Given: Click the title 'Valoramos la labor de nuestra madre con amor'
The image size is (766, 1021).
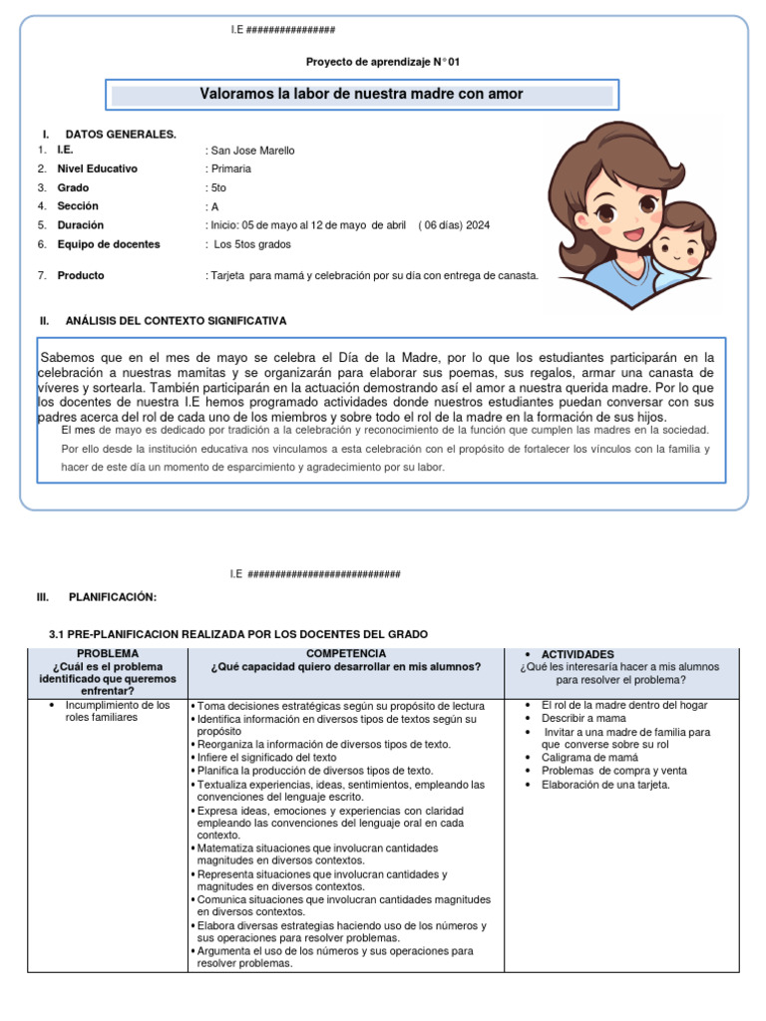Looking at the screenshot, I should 362,95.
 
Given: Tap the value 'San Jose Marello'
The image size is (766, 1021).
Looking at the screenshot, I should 252,151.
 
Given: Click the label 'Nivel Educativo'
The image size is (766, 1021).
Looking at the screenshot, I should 98,169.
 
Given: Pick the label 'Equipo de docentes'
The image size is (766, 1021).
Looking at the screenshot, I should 109,244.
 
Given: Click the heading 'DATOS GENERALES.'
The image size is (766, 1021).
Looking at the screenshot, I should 121,134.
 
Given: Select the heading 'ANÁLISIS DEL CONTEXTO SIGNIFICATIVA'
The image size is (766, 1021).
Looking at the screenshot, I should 176,321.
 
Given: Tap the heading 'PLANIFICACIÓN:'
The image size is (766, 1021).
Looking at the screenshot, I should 113,596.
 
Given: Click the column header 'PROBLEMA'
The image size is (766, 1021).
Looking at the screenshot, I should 106,653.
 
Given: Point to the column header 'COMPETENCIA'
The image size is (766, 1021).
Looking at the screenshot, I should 345,653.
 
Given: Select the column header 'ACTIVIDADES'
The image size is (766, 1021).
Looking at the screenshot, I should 577,654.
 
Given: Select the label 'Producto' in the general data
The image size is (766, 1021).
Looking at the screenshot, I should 81,275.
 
